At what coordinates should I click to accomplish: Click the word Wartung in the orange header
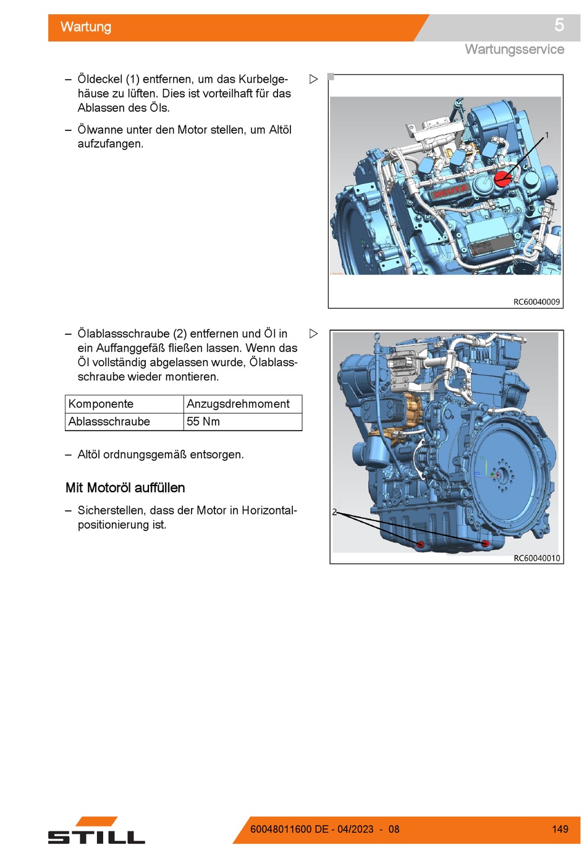click(86, 27)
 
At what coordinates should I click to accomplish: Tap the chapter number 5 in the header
click(559, 25)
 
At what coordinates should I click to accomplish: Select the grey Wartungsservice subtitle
click(514, 49)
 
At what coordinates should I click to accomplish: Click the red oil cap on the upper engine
click(502, 178)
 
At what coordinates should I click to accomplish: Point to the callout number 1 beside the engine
click(547, 135)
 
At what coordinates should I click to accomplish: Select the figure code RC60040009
click(536, 301)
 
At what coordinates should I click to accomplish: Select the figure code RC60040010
click(536, 558)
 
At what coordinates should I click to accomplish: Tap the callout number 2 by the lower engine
click(334, 512)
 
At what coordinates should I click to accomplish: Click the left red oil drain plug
click(420, 544)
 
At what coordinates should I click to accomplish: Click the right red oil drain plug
click(485, 543)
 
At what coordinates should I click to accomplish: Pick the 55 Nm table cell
click(203, 421)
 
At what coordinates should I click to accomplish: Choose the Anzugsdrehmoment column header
click(238, 403)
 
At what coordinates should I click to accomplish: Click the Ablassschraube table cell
click(109, 421)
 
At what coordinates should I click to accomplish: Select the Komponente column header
click(101, 403)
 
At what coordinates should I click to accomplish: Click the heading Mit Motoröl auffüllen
click(125, 487)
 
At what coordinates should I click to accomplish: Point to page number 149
click(560, 829)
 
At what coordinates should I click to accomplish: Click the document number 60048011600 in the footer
click(281, 829)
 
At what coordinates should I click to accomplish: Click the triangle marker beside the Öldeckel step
click(313, 79)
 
